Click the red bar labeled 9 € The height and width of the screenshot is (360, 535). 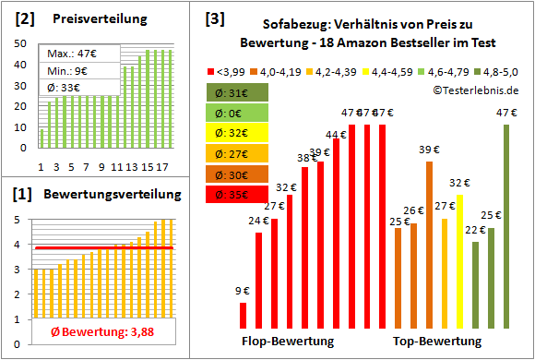[243, 315]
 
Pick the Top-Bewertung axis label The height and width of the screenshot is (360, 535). [438, 342]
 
